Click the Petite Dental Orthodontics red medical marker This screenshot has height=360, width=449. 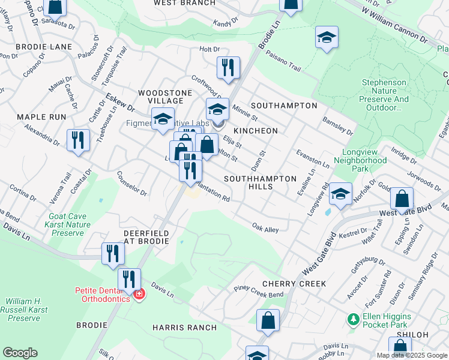[x=139, y=295]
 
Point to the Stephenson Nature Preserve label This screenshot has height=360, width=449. [x=385, y=95]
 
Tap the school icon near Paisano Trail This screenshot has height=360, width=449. [x=326, y=39]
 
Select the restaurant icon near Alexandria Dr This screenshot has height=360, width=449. [x=78, y=140]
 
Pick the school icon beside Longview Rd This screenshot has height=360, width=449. [x=340, y=194]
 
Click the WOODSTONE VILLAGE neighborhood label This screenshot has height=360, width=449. [x=165, y=97]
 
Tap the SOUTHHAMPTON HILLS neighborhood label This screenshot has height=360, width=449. [x=260, y=183]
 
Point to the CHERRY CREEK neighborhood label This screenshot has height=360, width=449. [x=294, y=283]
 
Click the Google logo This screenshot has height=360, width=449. [x=20, y=353]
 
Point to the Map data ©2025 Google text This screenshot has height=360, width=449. [x=411, y=355]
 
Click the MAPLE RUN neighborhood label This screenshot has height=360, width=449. [x=41, y=116]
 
